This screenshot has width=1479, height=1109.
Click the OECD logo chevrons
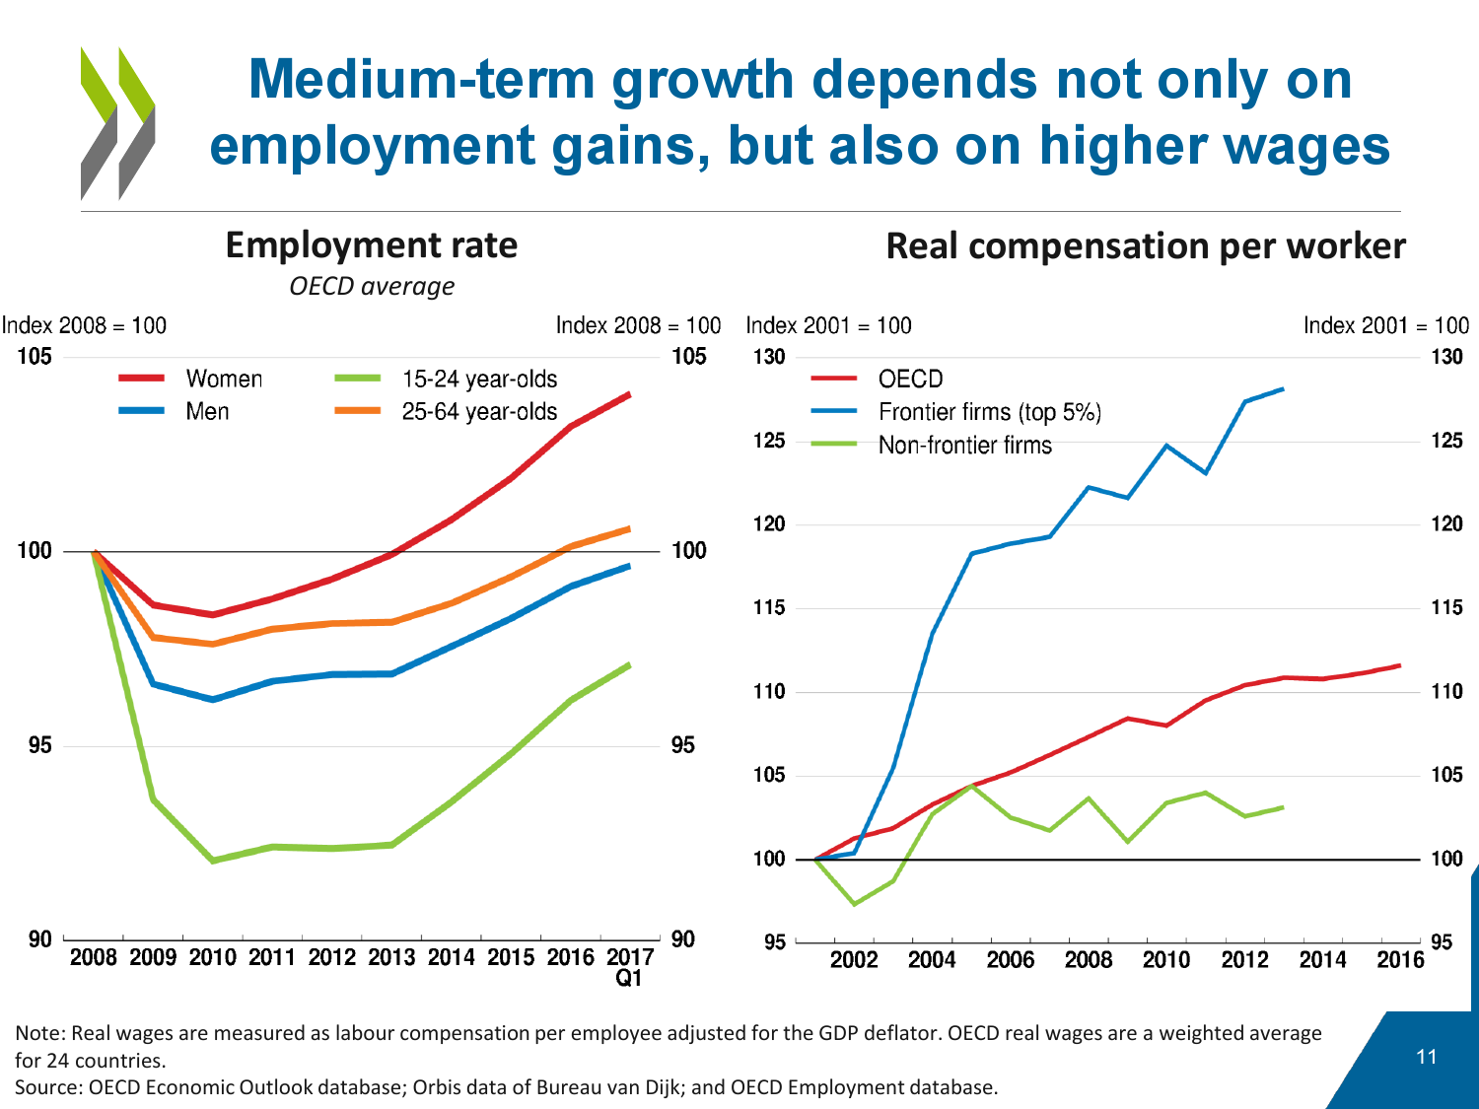(117, 123)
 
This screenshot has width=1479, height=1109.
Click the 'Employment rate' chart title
(371, 244)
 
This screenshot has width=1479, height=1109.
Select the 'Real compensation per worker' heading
(1145, 245)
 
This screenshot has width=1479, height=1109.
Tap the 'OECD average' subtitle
(372, 286)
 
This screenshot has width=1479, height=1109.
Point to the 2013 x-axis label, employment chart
(391, 957)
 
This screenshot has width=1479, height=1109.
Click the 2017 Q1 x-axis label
(629, 966)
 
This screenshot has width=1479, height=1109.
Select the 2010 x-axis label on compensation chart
(1166, 959)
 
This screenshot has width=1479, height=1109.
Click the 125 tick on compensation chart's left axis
(769, 441)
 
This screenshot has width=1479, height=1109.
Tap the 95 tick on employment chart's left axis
(39, 745)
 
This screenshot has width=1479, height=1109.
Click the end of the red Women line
(629, 394)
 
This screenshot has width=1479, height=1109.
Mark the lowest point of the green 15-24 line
(213, 861)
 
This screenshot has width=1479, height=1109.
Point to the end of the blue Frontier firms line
(1283, 388)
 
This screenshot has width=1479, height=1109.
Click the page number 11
(1426, 1057)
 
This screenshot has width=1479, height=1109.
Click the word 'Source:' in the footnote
(48, 1086)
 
